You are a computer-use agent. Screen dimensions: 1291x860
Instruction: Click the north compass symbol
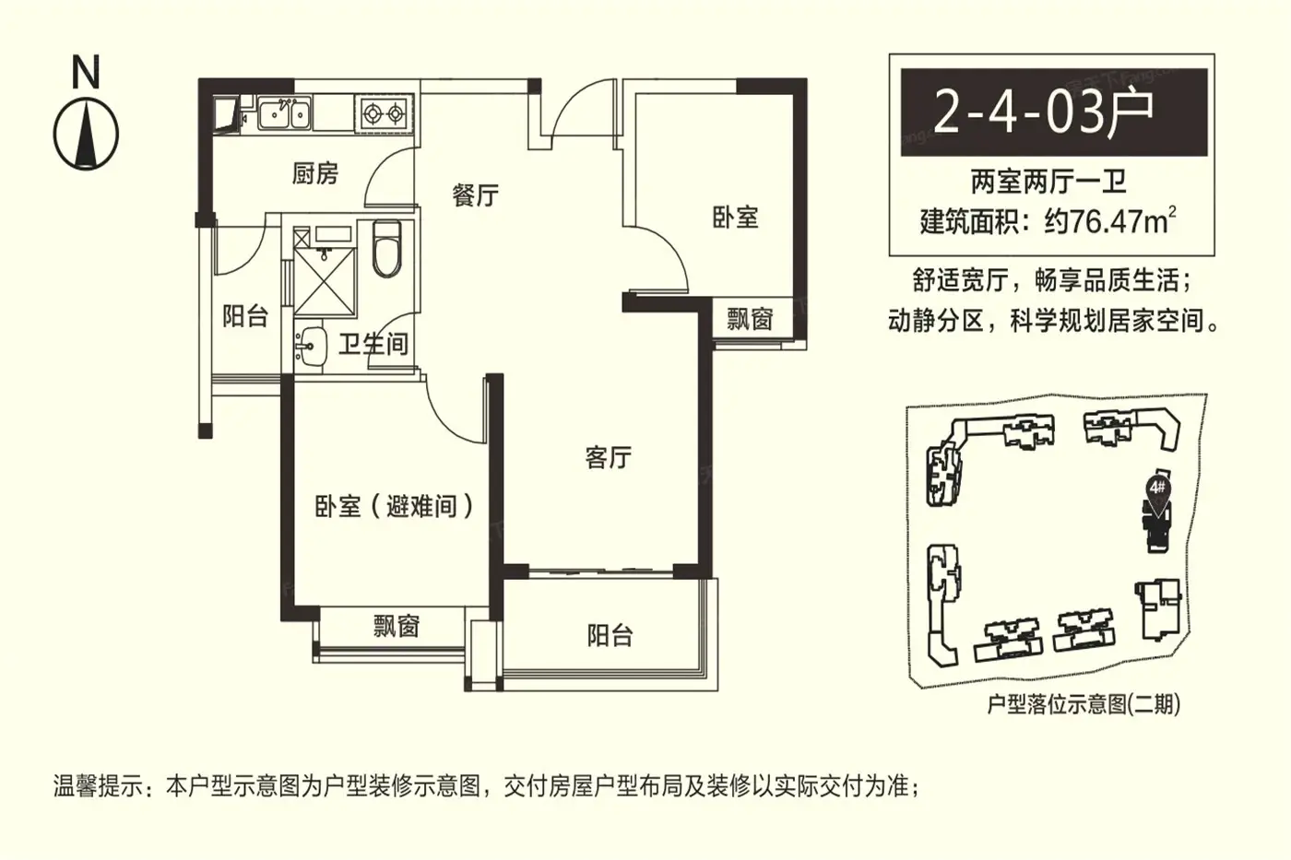[x=86, y=135]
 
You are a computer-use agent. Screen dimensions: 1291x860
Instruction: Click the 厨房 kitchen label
[x=314, y=173]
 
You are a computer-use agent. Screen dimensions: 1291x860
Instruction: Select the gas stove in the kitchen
[x=384, y=113]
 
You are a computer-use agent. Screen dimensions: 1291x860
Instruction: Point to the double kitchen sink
[x=284, y=112]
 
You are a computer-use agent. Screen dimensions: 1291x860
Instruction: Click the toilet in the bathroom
[x=386, y=249]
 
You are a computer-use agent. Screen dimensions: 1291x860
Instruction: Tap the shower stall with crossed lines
[x=325, y=281]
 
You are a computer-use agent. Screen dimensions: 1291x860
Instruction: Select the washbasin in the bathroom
[x=310, y=348]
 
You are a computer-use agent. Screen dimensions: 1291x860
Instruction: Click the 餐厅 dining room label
[x=475, y=195]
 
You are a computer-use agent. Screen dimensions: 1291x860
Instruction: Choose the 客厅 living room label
[x=609, y=458]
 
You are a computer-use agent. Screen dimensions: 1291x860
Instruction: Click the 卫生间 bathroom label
[x=373, y=345]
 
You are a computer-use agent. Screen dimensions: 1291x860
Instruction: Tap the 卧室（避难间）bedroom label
[x=395, y=507]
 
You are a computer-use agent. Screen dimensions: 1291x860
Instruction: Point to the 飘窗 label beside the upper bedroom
[x=749, y=319]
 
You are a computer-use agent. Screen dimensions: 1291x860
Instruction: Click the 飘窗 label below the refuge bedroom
[x=397, y=626]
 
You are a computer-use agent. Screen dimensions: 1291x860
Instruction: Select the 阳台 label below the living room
[x=610, y=636]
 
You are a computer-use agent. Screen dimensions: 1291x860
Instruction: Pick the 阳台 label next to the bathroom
[x=245, y=316]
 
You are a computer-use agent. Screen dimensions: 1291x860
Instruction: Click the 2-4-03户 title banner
[x=1054, y=112]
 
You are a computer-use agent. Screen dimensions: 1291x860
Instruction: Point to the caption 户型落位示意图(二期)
[x=1084, y=704]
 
